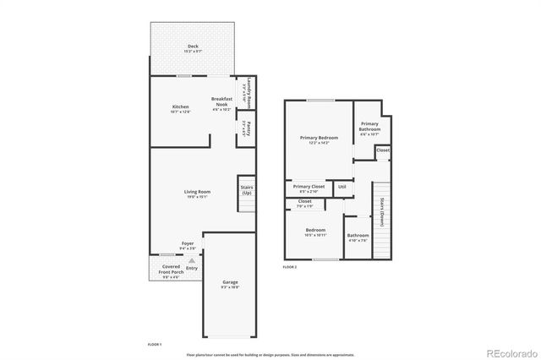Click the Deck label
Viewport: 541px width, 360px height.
pyautogui.click(x=194, y=48)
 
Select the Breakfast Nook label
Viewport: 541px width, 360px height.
pyautogui.click(x=222, y=101)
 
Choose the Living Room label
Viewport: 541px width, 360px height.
pyautogui.click(x=198, y=194)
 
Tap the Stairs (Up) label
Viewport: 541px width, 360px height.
pyautogui.click(x=247, y=190)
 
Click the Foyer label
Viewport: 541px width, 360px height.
pyautogui.click(x=188, y=245)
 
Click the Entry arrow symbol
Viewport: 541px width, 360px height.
pyautogui.click(x=192, y=261)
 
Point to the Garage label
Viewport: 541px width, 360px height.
pyautogui.click(x=230, y=283)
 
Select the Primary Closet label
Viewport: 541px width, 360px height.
pyautogui.click(x=309, y=188)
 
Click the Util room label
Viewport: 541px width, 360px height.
pyautogui.click(x=342, y=187)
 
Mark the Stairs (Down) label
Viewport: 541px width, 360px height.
pyautogui.click(x=382, y=218)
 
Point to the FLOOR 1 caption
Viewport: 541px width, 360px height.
pyautogui.click(x=155, y=345)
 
